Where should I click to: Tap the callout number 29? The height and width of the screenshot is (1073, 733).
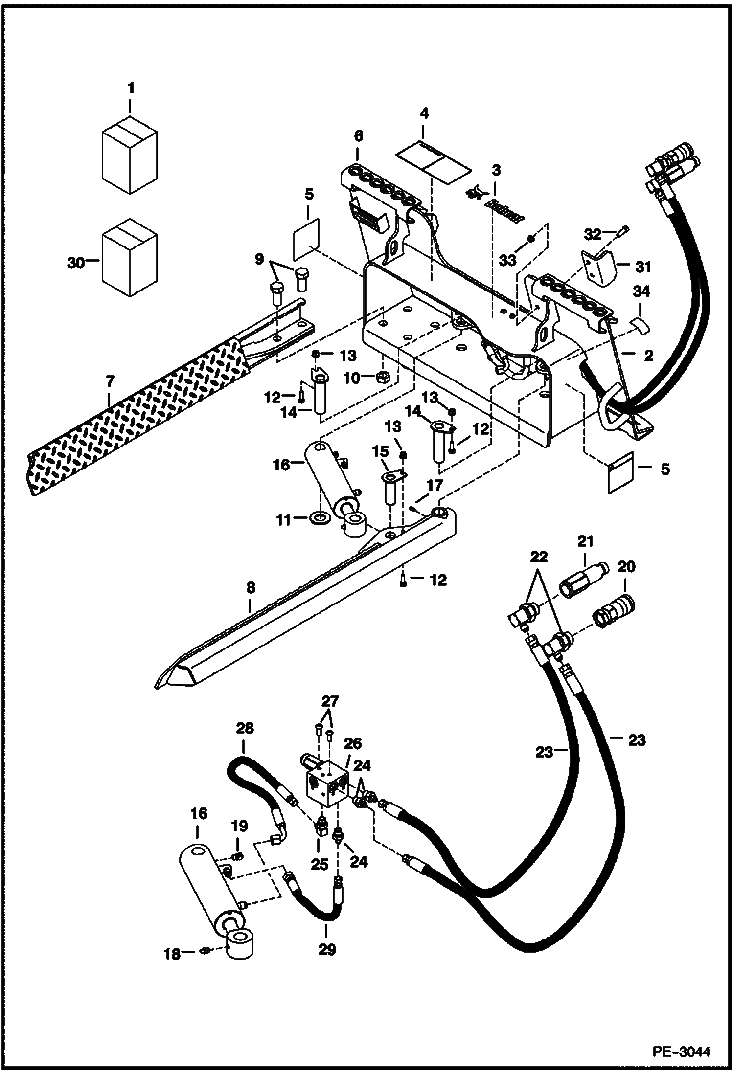[x=327, y=950]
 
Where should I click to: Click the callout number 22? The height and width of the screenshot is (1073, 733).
[x=538, y=558]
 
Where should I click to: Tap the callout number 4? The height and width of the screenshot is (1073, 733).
[x=424, y=114]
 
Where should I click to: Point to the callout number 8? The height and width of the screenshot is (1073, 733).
[x=251, y=588]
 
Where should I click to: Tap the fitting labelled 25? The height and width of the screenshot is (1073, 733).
[x=321, y=827]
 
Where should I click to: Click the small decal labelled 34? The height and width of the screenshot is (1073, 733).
[x=638, y=324]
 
